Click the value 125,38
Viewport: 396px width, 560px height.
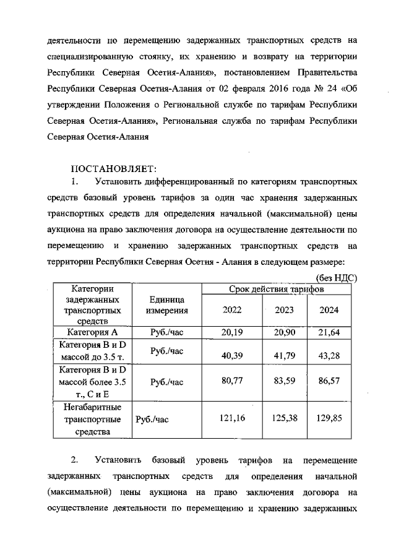284,419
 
